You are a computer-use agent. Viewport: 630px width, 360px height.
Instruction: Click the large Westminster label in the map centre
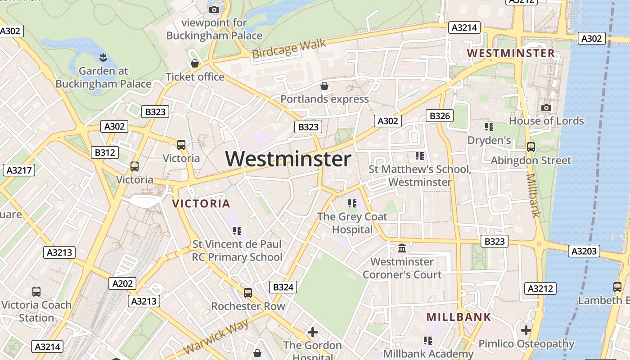click(288, 159)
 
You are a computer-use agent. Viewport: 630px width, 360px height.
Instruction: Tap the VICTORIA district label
click(201, 203)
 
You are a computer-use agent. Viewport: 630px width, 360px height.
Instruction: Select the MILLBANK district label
click(459, 317)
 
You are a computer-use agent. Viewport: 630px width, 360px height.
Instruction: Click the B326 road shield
click(440, 116)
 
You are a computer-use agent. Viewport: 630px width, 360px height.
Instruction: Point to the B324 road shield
click(283, 287)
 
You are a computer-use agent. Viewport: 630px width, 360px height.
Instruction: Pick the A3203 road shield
click(584, 251)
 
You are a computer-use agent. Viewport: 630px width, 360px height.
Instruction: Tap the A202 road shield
click(122, 283)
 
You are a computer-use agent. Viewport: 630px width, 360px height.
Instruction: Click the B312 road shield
click(104, 153)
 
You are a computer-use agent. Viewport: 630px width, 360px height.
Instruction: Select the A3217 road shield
click(18, 170)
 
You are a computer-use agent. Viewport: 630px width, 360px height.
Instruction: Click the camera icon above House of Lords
click(546, 108)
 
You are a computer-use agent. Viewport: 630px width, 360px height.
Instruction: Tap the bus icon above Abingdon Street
click(531, 147)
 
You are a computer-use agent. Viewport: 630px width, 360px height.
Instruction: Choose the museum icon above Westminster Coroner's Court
click(402, 248)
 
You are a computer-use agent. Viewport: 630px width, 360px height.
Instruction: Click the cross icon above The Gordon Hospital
click(312, 332)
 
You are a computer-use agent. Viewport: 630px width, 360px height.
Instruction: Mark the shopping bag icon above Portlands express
click(324, 85)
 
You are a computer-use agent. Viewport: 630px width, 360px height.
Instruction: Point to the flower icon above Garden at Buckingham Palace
click(103, 57)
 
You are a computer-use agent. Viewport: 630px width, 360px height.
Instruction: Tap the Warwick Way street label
click(216, 337)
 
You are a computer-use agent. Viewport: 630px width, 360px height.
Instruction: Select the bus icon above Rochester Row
click(247, 293)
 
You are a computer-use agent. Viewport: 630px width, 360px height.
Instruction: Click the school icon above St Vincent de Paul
click(237, 231)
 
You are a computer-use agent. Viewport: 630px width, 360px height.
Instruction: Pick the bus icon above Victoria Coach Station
click(36, 291)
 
